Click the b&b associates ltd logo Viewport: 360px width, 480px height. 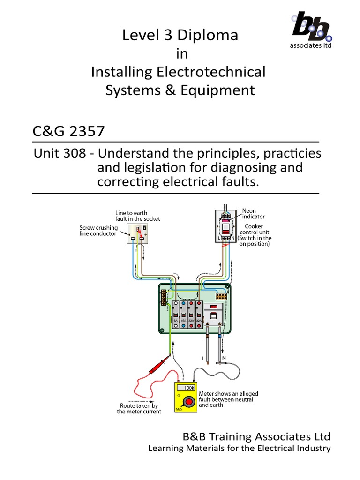[310, 29]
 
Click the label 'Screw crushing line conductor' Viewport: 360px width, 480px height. [97, 231]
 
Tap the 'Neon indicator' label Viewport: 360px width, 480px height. [253, 214]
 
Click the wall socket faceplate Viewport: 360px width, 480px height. [140, 233]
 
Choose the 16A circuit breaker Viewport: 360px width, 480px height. [183, 315]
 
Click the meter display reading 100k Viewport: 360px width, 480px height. [188, 388]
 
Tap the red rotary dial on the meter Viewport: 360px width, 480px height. [189, 402]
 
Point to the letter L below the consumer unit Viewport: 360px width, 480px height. [203, 358]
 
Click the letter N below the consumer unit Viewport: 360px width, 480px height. [231, 358]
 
